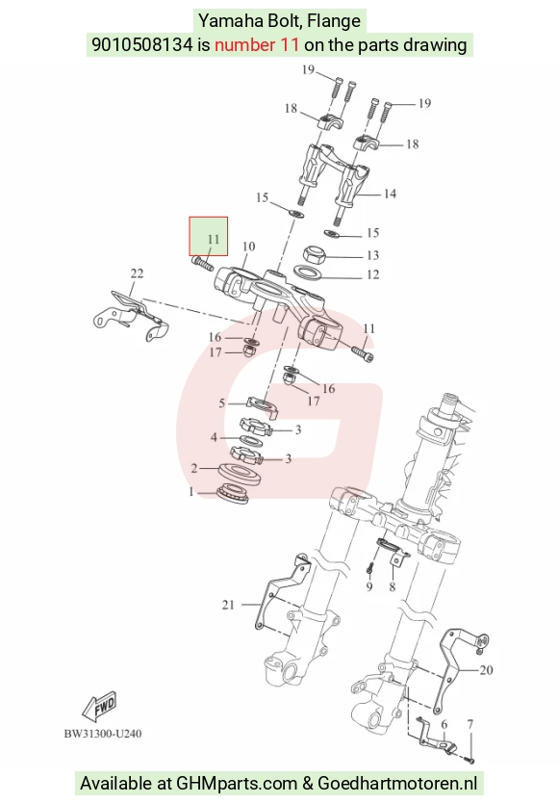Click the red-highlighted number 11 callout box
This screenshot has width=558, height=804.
tap(209, 236)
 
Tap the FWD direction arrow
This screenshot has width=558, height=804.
tap(99, 707)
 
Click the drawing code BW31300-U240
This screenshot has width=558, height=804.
tap(103, 734)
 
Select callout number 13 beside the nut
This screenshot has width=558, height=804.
tap(372, 255)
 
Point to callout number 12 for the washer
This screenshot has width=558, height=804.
tap(372, 274)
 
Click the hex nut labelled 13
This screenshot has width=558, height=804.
tap(313, 254)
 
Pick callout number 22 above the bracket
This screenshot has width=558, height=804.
tap(137, 273)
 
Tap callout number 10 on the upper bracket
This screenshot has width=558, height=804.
tap(248, 246)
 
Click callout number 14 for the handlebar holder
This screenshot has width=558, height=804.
tap(390, 194)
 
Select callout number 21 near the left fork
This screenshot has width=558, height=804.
tap(228, 605)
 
